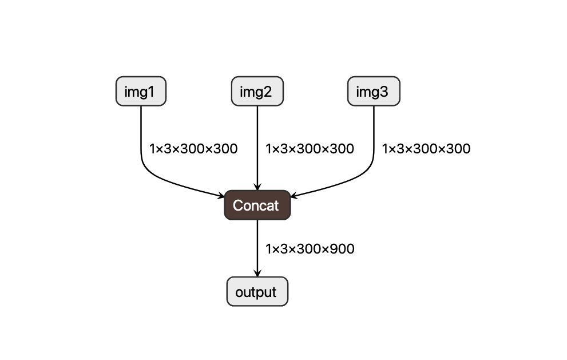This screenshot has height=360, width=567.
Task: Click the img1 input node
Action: [141, 92]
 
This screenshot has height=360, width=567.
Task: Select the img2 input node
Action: [257, 92]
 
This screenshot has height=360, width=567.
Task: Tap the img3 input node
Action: [374, 92]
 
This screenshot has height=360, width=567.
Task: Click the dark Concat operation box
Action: [257, 205]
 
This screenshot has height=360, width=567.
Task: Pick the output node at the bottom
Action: [257, 292]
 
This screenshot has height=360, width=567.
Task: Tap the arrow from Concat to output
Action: [257, 246]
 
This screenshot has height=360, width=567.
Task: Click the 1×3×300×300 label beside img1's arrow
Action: [193, 149]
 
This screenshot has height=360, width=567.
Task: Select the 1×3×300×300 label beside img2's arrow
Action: [310, 149]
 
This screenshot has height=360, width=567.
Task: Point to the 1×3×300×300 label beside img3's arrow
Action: [426, 149]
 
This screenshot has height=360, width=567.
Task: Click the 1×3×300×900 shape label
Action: [310, 249]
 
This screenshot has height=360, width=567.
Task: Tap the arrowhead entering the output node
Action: [257, 274]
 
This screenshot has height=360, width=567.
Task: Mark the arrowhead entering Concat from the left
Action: [221, 196]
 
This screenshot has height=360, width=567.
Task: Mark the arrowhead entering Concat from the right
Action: [294, 196]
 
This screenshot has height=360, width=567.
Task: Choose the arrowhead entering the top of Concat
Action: [257, 187]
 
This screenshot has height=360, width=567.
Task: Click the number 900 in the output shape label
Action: [343, 249]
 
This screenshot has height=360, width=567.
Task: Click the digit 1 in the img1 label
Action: [152, 92]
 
